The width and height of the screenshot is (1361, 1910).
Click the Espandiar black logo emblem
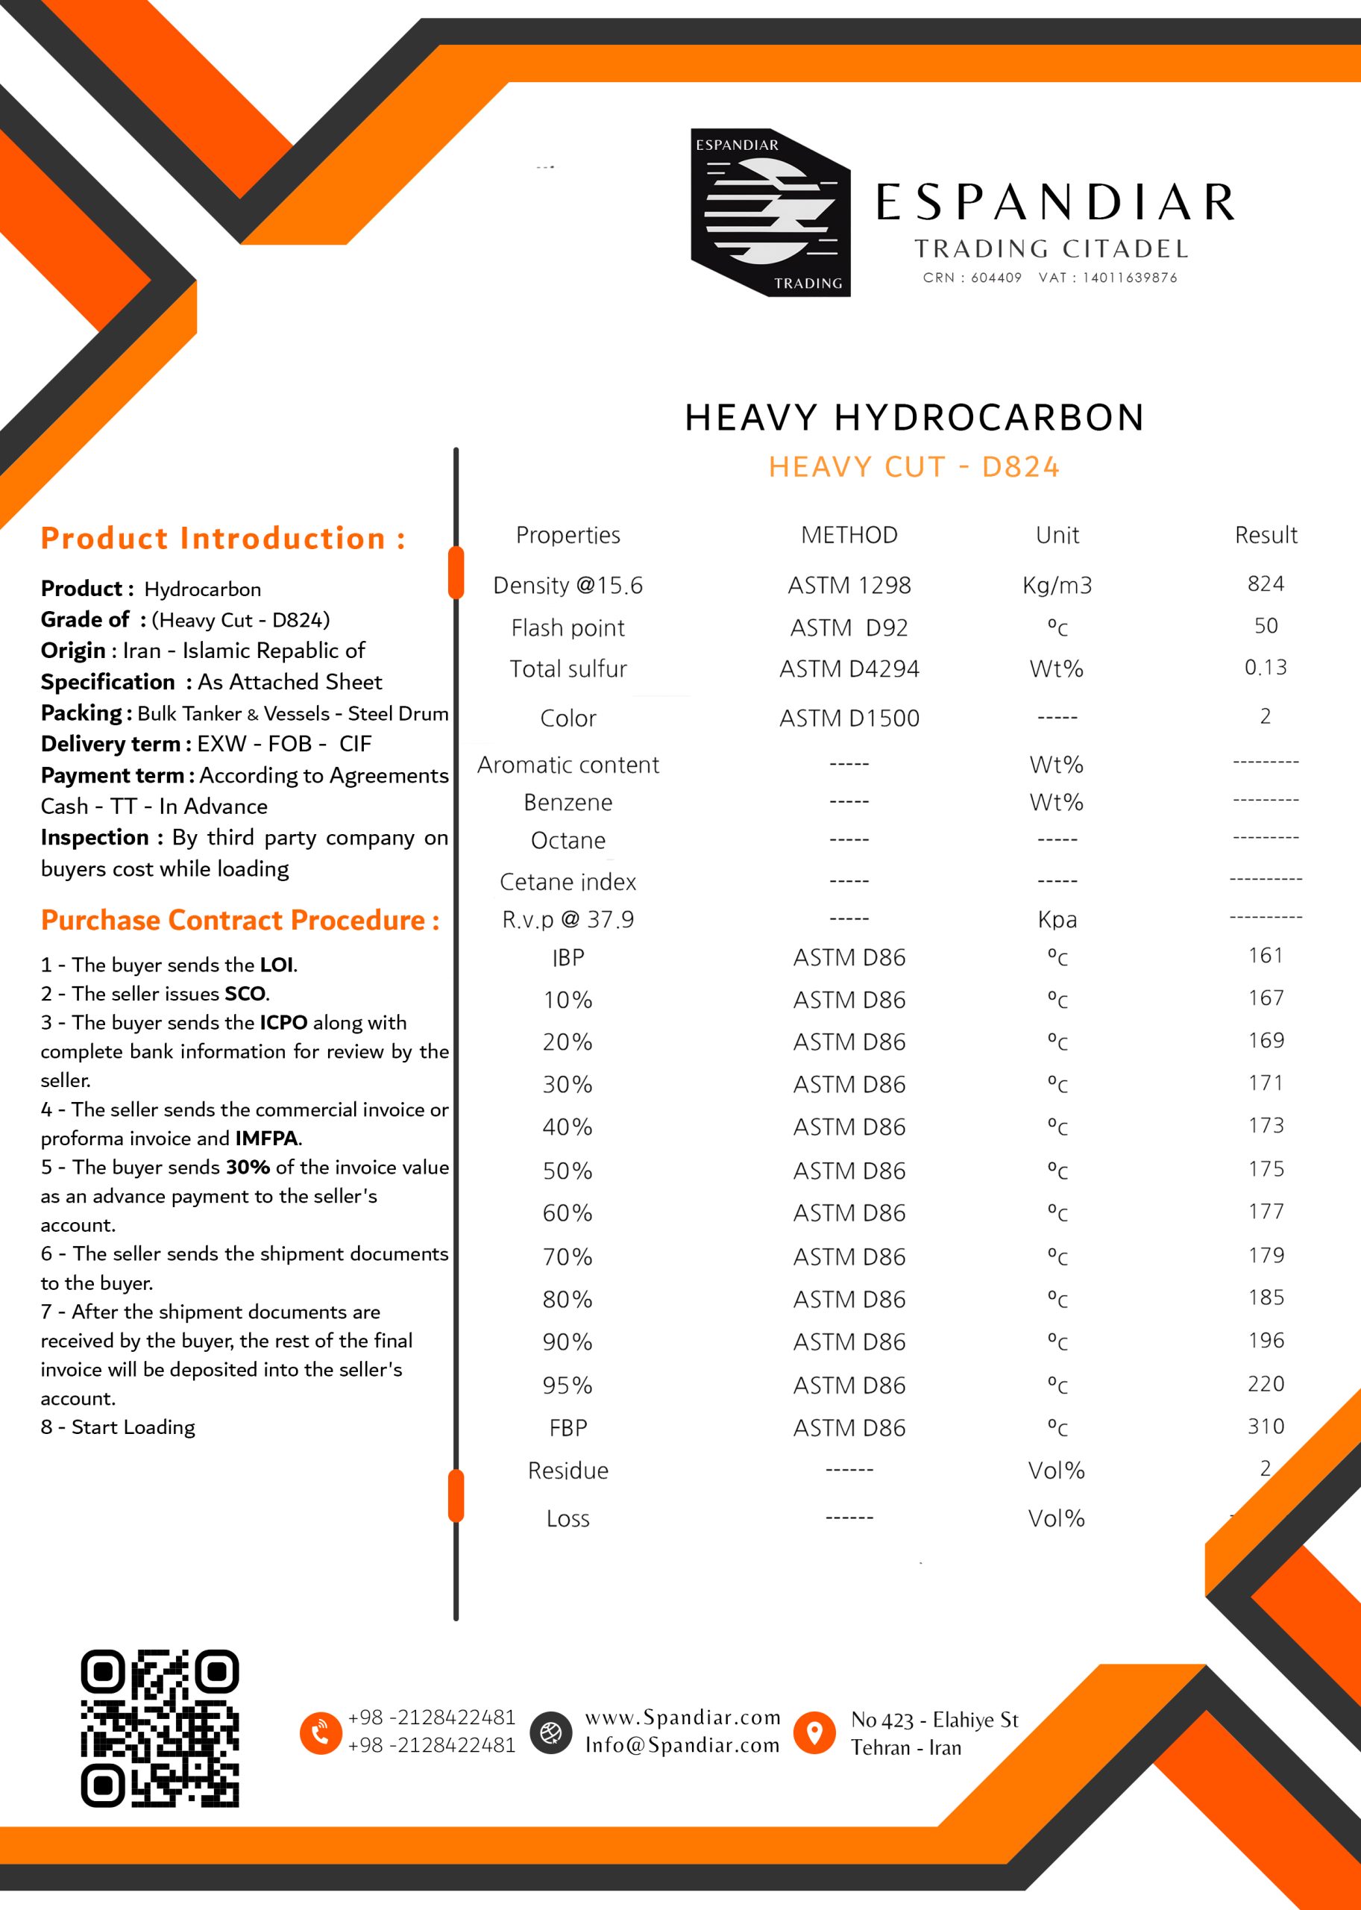pyautogui.click(x=770, y=212)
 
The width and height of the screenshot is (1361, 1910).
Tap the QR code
pyautogui.click(x=160, y=1728)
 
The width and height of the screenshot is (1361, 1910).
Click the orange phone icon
pyautogui.click(x=320, y=1732)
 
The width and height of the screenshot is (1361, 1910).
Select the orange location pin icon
pyautogui.click(x=814, y=1732)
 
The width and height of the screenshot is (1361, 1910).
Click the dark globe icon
pyautogui.click(x=550, y=1732)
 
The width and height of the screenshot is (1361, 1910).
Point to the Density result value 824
pyautogui.click(x=1266, y=583)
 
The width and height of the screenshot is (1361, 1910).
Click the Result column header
pyautogui.click(x=1266, y=535)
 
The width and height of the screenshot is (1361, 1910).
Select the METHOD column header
pyautogui.click(x=849, y=535)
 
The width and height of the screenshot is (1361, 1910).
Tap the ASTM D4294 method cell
pyautogui.click(x=849, y=669)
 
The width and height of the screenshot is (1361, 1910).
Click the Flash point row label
pyautogui.click(x=568, y=628)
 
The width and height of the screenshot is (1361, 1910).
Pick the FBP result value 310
pyautogui.click(x=1266, y=1427)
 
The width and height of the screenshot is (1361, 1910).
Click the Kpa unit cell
pyautogui.click(x=1057, y=920)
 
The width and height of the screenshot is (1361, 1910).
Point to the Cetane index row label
pyautogui.click(x=568, y=882)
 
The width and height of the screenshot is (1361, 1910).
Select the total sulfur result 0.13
pyautogui.click(x=1266, y=668)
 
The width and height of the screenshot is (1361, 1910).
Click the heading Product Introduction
pyautogui.click(x=223, y=538)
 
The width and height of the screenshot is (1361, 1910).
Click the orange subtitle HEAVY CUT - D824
pyautogui.click(x=914, y=467)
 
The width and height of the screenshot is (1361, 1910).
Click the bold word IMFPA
pyautogui.click(x=266, y=1139)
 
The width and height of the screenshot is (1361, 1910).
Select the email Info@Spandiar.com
pyautogui.click(x=682, y=1745)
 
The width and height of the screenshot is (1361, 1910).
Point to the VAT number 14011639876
pyautogui.click(x=1129, y=278)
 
